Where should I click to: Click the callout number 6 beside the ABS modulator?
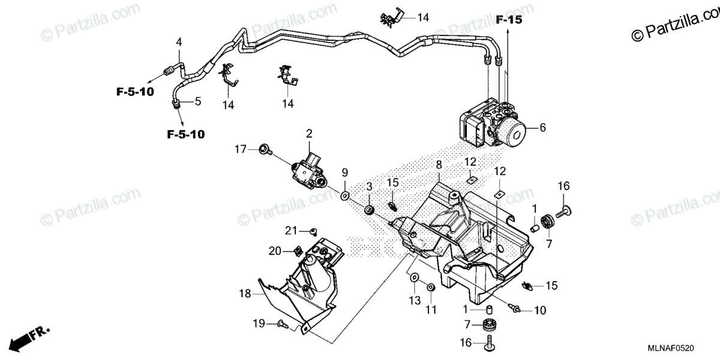pyautogui.click(x=543, y=127)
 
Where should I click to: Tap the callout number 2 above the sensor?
pyautogui.click(x=309, y=133)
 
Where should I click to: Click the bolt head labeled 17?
pyautogui.click(x=263, y=149)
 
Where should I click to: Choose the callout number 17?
pyautogui.click(x=240, y=149)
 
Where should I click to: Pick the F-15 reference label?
pyautogui.click(x=509, y=20)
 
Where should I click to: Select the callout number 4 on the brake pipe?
pyautogui.click(x=178, y=41)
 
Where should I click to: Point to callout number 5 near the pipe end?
pyautogui.click(x=197, y=101)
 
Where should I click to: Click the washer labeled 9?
pyautogui.click(x=346, y=195)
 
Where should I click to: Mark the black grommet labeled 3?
pyautogui.click(x=370, y=210)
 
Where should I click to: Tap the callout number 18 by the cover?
pyautogui.click(x=244, y=294)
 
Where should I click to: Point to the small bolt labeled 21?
pyautogui.click(x=313, y=232)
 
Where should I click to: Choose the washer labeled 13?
pyautogui.click(x=413, y=278)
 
